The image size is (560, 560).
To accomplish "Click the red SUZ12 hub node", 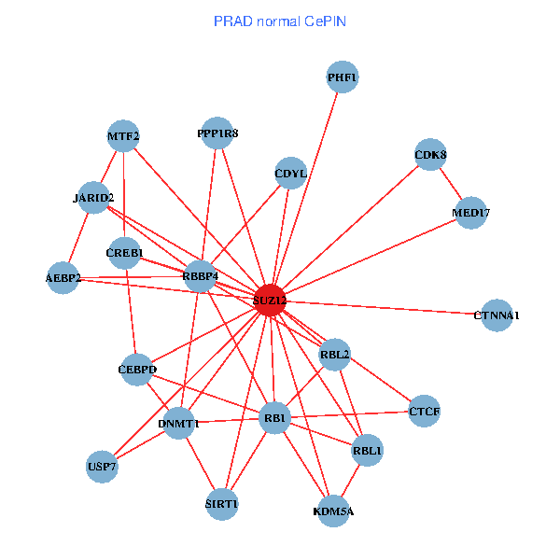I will click(270, 301).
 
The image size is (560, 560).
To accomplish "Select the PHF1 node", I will click(343, 77).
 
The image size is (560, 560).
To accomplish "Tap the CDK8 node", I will click(430, 155).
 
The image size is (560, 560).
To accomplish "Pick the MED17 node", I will click(471, 213).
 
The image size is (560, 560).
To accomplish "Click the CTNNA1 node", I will click(497, 315).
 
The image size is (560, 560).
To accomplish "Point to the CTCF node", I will click(425, 411).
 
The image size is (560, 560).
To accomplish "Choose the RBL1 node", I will click(368, 452).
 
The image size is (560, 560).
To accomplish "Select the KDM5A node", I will click(334, 511).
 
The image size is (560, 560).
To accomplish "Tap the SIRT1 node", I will click(222, 504).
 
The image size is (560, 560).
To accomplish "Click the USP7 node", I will click(103, 466).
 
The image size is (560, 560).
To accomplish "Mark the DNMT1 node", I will click(180, 424).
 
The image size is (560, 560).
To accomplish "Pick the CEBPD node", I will click(138, 371).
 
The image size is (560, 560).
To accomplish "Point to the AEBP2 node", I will click(63, 278).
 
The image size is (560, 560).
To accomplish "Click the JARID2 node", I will click(93, 198).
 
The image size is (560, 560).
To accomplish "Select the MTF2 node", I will click(123, 136).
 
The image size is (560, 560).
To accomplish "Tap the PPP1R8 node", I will click(217, 133).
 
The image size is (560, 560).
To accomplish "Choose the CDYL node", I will click(291, 173).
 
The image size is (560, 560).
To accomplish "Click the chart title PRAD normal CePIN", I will click(280, 21).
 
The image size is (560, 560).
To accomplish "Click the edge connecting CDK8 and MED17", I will click(451, 184).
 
